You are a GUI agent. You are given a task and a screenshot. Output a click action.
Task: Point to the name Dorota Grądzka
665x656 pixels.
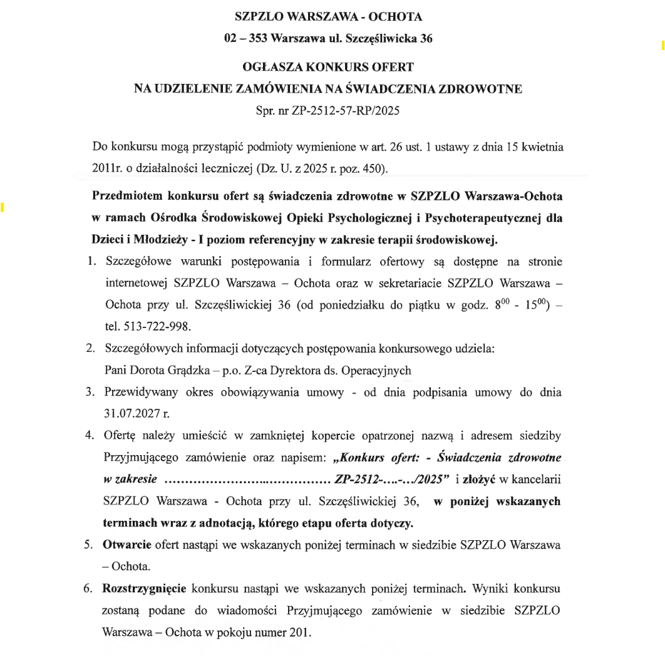click(163, 369)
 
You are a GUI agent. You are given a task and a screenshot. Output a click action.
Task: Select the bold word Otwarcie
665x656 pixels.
click(126, 545)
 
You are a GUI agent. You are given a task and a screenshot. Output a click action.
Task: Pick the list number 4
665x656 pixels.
click(89, 436)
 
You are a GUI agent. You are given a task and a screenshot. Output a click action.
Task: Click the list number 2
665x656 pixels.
click(89, 348)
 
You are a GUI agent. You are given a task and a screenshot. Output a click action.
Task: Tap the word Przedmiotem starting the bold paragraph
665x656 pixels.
click(128, 196)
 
